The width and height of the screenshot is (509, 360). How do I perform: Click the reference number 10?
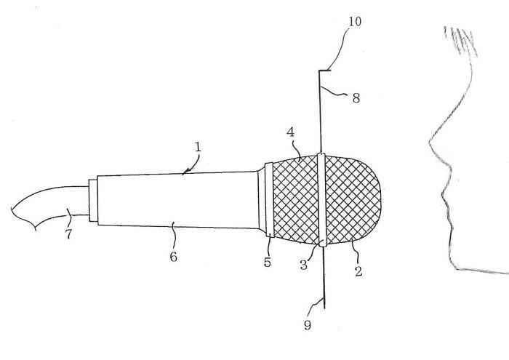(x=355, y=21)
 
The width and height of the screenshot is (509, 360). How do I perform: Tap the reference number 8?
(x=356, y=97)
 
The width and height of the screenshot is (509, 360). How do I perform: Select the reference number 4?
(x=291, y=132)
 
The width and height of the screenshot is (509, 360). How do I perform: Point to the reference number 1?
(x=198, y=147)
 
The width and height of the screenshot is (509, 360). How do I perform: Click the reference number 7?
(x=68, y=233)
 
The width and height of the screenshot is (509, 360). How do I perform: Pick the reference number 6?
(x=173, y=257)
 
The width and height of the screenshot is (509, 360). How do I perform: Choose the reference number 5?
(x=267, y=262)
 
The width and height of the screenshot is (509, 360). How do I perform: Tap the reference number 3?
(x=303, y=265)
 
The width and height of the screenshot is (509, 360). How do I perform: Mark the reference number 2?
(x=358, y=271)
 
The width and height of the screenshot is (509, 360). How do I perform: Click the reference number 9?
(x=308, y=324)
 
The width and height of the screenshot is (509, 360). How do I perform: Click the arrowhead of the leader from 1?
(x=185, y=172)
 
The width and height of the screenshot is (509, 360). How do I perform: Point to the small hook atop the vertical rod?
(x=324, y=71)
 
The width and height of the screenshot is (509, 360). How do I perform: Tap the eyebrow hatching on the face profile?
(x=461, y=41)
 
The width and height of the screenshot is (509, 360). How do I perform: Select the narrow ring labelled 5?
(x=269, y=199)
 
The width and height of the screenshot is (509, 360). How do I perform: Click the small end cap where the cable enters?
(x=93, y=200)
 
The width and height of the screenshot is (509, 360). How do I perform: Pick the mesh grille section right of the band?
(x=353, y=200)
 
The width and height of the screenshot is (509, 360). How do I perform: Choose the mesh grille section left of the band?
(x=295, y=200)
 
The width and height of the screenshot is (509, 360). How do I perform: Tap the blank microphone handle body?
(x=178, y=200)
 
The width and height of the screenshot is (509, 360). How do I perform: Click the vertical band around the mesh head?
(x=321, y=200)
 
